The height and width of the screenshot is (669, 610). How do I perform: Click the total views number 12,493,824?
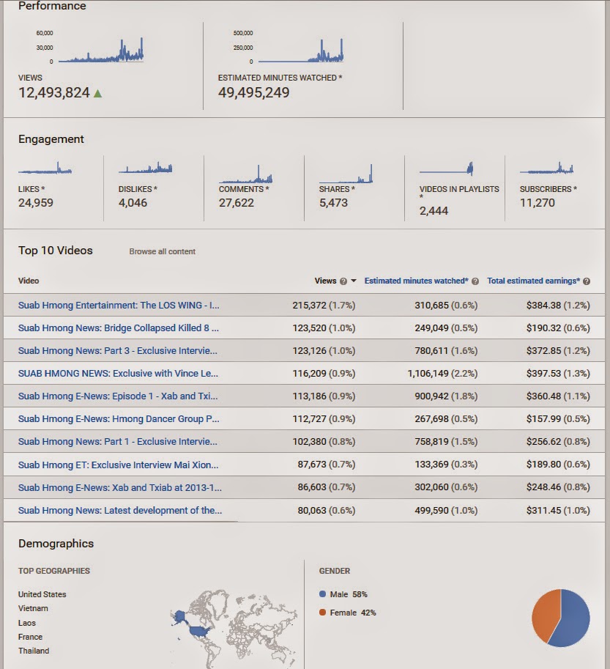click(54, 93)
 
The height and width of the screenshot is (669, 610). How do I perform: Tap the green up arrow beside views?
click(98, 93)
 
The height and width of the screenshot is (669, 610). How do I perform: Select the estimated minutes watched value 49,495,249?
click(253, 93)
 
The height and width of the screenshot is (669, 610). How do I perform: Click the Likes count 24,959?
click(36, 203)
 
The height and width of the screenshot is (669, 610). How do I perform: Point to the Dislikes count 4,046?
click(133, 203)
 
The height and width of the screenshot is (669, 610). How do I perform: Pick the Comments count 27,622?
click(237, 203)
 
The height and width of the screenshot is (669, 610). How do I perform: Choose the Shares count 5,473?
click(333, 203)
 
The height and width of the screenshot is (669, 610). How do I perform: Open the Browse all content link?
click(163, 251)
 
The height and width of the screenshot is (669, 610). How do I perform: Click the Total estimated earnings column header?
click(533, 281)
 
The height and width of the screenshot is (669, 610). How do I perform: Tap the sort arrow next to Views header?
click(354, 281)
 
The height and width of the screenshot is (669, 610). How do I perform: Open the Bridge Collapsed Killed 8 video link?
click(119, 328)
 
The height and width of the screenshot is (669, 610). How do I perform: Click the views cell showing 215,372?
click(308, 305)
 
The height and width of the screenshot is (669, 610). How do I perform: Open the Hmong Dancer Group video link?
click(119, 418)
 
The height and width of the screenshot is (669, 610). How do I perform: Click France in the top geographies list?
click(31, 637)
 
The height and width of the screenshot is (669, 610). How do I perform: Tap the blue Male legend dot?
click(323, 594)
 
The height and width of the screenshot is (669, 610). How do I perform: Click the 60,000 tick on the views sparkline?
click(45, 33)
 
